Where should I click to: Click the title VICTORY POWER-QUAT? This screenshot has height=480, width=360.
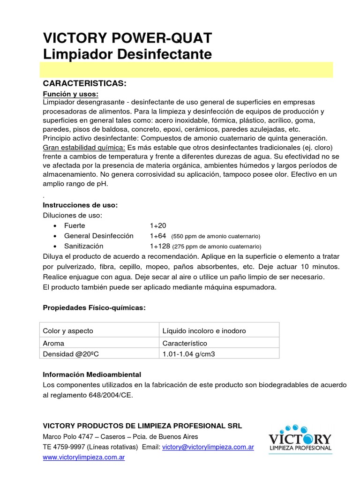click(127, 38)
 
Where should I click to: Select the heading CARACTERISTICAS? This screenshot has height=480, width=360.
click(84, 83)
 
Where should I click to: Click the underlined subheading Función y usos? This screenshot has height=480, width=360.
click(71, 94)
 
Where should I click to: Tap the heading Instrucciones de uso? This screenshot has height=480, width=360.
click(80, 205)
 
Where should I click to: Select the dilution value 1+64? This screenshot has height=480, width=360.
click(158, 236)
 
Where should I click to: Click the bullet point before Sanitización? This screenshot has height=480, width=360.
click(55, 246)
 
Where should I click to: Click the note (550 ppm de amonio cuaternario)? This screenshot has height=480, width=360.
click(216, 236)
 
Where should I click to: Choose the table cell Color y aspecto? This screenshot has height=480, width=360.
click(68, 331)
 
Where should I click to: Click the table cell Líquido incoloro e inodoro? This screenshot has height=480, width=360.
click(204, 331)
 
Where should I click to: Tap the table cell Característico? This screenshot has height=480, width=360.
click(185, 343)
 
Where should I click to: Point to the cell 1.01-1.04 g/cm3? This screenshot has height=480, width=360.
click(188, 354)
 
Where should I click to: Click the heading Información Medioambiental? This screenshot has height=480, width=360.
click(92, 375)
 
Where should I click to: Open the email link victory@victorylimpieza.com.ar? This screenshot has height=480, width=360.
click(208, 447)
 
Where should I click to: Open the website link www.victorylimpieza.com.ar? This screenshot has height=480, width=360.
click(84, 457)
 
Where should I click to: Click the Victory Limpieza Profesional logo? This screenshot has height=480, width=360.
click(300, 438)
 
